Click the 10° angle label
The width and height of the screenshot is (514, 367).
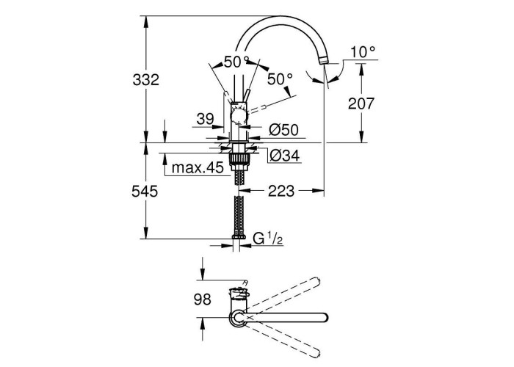(363, 51)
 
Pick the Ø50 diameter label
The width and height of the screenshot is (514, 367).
(283, 130)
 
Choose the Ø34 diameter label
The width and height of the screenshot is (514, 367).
(283, 155)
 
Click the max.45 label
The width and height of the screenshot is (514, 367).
(197, 167)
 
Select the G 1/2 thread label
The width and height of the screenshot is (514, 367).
(268, 238)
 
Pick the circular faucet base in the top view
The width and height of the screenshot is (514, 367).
(238, 317)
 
